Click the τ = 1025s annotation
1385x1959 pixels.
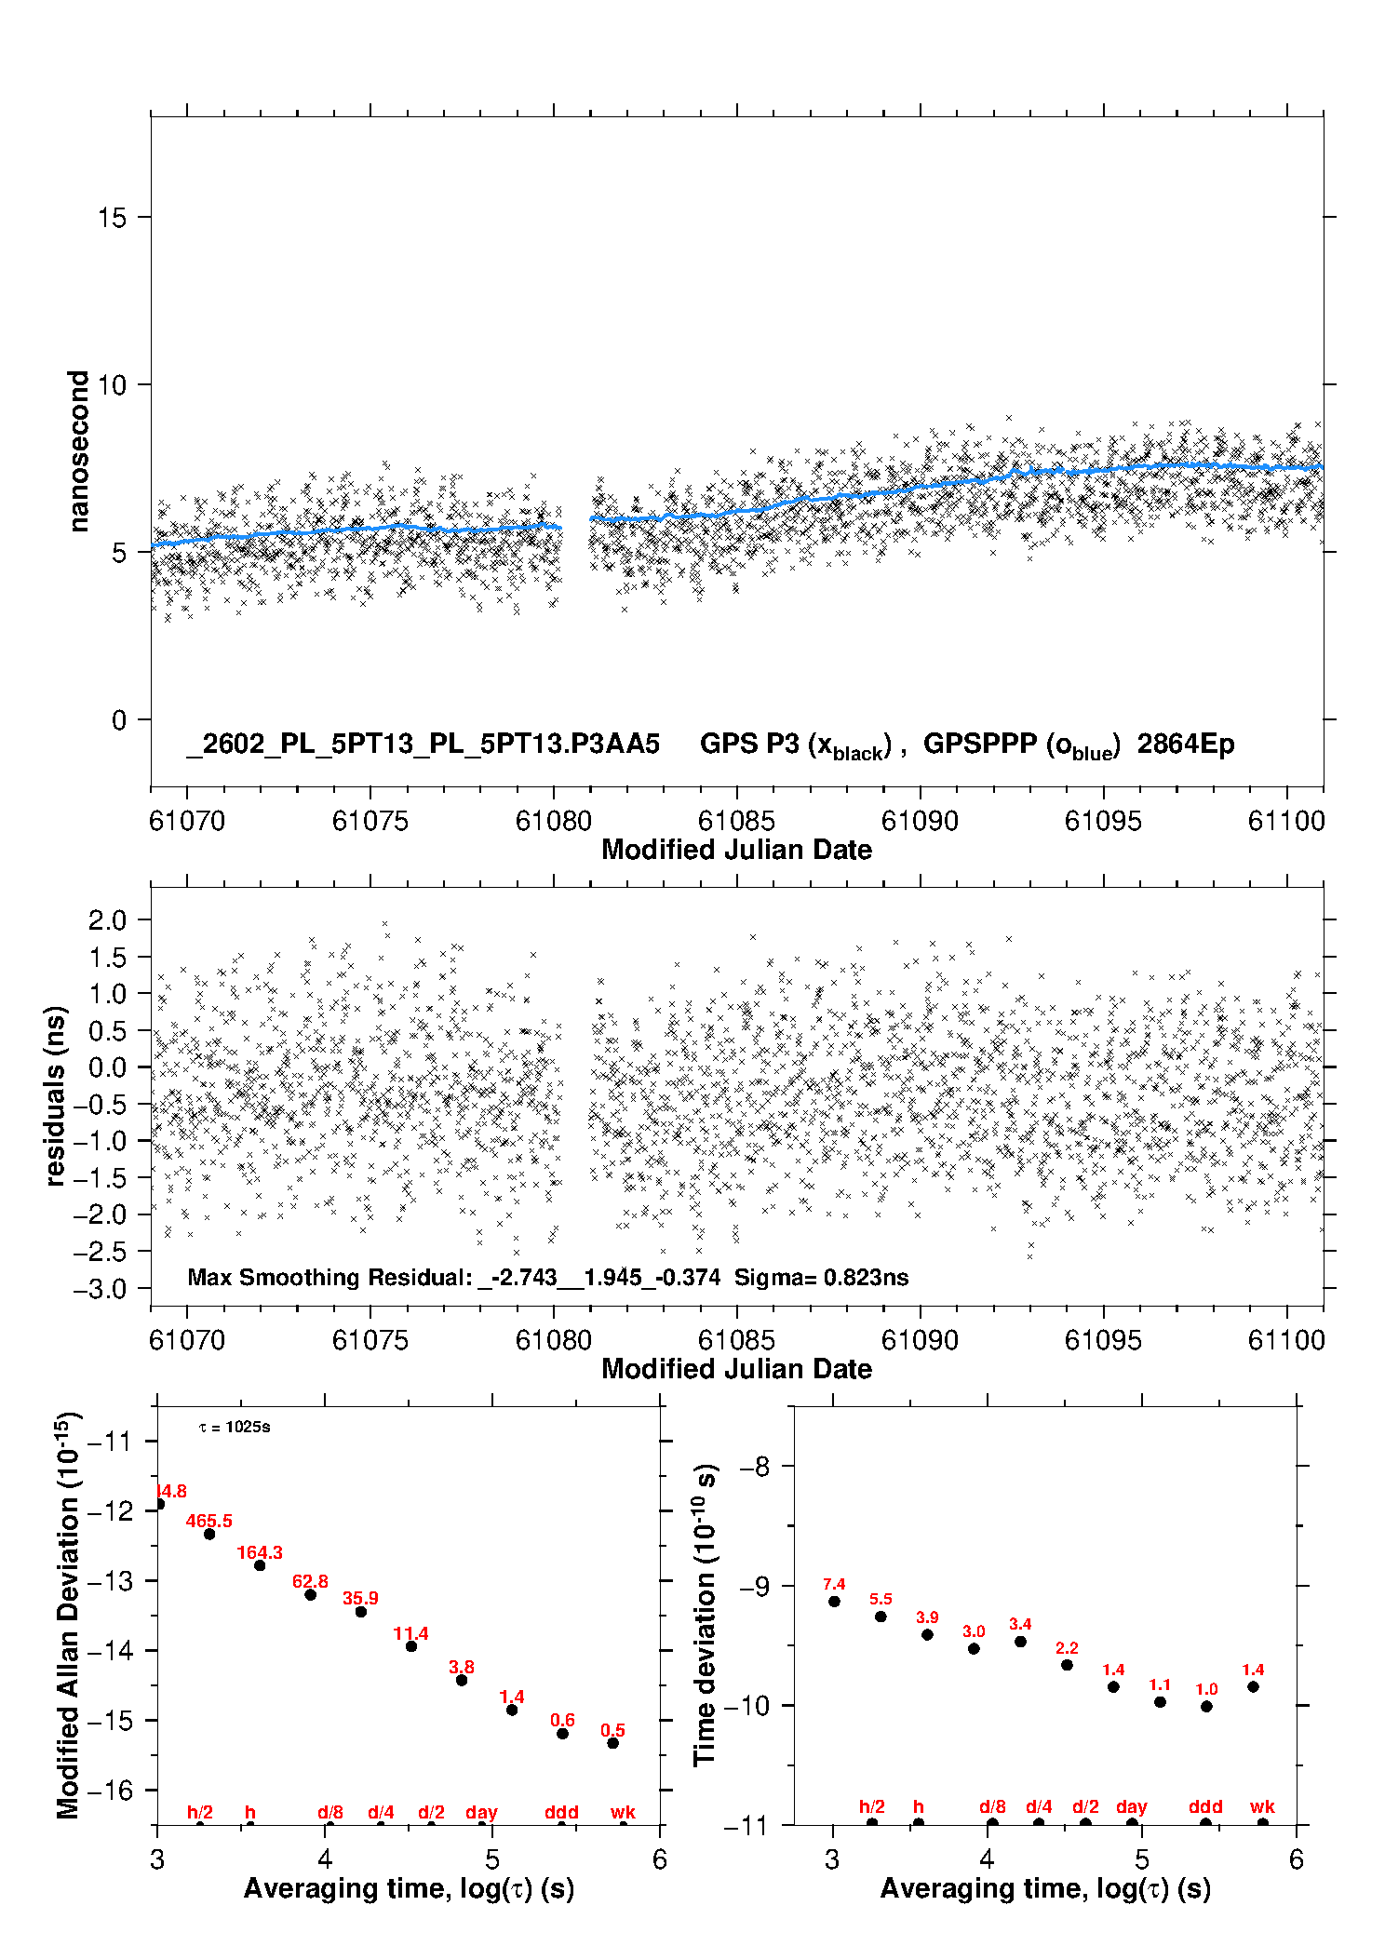(x=235, y=1427)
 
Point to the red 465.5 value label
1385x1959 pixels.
(x=209, y=1521)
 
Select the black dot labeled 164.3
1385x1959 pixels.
(x=260, y=1565)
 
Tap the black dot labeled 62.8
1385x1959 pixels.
(x=311, y=1595)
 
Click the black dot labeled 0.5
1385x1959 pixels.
(x=612, y=1743)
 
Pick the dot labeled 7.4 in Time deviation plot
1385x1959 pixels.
(x=834, y=1602)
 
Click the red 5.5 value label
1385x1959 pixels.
(x=881, y=1599)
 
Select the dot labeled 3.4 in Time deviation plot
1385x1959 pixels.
(x=1020, y=1642)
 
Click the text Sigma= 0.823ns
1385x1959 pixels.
(x=821, y=1277)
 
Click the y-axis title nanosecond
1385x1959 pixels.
(x=79, y=451)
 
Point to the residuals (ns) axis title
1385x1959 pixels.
(x=56, y=1095)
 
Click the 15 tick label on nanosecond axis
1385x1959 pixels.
(x=112, y=218)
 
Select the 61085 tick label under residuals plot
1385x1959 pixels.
(x=736, y=1340)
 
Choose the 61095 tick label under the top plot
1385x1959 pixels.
(x=1103, y=821)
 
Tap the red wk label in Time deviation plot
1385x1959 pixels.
(x=1262, y=1806)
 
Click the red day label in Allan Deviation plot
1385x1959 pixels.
(x=481, y=1812)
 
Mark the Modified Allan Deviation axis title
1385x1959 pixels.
(x=68, y=1615)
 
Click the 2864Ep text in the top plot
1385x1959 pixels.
(x=1186, y=745)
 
